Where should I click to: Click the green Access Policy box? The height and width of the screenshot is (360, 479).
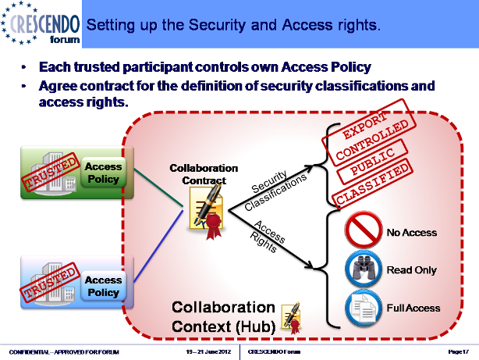point(103,173)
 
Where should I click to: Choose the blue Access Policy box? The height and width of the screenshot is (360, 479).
point(103,286)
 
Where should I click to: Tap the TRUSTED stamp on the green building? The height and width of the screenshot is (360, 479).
point(51,173)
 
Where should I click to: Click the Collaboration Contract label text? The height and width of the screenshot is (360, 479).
point(204,174)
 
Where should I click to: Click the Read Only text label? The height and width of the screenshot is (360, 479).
point(410,270)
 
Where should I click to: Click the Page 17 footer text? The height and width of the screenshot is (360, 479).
point(458,353)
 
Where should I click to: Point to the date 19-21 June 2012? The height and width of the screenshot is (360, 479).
point(204,353)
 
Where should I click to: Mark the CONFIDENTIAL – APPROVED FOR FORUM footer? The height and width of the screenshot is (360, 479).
point(64,353)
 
